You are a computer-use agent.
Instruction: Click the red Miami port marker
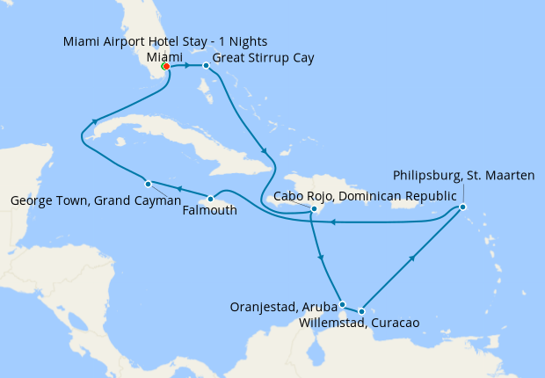click(x=165, y=66)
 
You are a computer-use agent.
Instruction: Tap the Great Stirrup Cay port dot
click(x=206, y=66)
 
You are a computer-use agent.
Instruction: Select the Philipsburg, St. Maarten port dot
click(x=462, y=207)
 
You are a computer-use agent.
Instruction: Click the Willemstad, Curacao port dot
click(x=361, y=311)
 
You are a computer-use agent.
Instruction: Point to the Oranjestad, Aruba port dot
click(x=342, y=304)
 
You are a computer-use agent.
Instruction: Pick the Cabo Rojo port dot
click(x=314, y=208)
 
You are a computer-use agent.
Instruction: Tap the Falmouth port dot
click(x=210, y=199)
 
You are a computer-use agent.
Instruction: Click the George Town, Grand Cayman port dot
click(x=148, y=184)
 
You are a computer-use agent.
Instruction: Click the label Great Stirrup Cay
click(x=264, y=58)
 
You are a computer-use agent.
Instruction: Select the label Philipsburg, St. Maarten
click(x=463, y=176)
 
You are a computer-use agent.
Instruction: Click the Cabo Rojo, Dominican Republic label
click(x=365, y=195)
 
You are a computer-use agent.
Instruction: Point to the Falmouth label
click(x=210, y=210)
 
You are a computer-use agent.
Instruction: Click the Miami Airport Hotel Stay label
click(x=165, y=42)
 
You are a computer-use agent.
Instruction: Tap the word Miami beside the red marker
click(x=164, y=55)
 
